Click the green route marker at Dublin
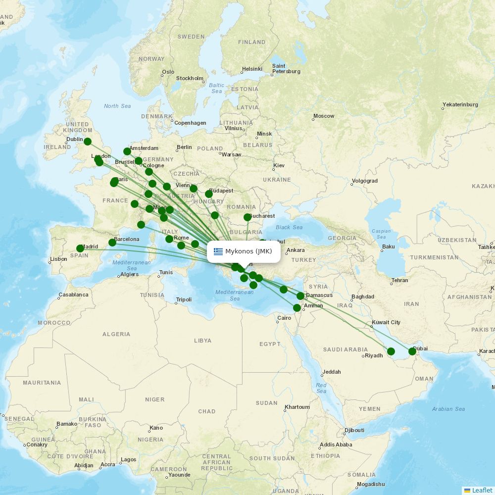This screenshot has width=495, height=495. [88, 142]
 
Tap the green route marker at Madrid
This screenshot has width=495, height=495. [80, 248]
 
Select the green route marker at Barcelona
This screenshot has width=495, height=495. [112, 243]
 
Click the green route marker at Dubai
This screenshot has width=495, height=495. [412, 351]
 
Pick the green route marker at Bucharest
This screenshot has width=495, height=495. [247, 217]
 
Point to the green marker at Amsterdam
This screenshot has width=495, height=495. [127, 151]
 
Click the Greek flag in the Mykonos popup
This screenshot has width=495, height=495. [218, 251]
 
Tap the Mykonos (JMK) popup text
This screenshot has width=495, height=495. [248, 251]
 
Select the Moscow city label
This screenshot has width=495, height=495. [324, 116]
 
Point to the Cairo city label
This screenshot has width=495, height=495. [284, 318]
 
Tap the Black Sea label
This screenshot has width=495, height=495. [289, 227]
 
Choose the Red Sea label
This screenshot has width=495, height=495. [321, 388]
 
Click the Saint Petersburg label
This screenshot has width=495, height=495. [286, 68]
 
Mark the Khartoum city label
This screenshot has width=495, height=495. [297, 407]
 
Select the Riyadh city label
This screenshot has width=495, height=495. [374, 355]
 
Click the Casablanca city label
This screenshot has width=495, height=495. [73, 295]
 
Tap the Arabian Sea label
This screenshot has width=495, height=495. [448, 409]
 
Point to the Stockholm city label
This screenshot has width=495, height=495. [190, 78]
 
